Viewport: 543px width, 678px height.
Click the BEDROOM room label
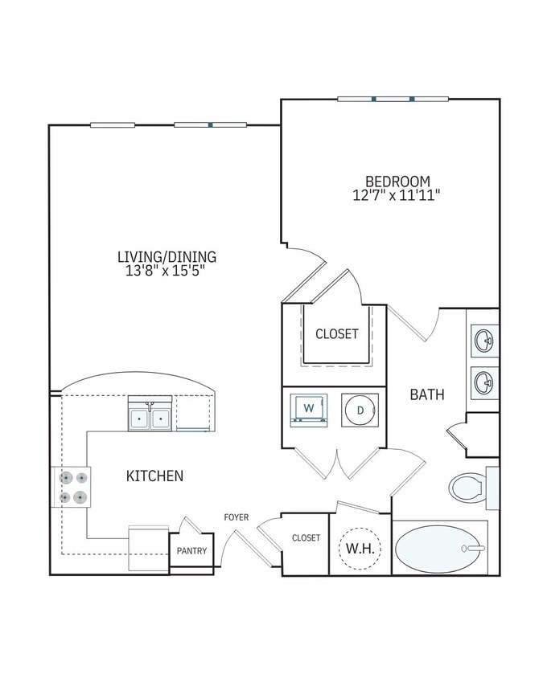click(x=397, y=181)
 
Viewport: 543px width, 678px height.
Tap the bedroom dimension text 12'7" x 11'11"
click(x=397, y=195)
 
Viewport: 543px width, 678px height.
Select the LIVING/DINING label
click(x=167, y=256)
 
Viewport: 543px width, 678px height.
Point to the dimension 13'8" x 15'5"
click(x=167, y=271)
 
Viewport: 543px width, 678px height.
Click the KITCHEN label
click(x=154, y=476)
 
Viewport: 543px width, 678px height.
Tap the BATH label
click(x=427, y=394)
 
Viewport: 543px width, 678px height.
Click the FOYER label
click(x=236, y=517)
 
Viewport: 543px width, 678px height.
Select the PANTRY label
click(x=191, y=551)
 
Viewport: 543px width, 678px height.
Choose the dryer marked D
click(x=358, y=410)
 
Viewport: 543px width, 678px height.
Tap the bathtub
click(x=440, y=548)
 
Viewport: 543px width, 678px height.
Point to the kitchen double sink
click(x=150, y=417)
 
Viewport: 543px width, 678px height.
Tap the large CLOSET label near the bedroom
click(x=336, y=334)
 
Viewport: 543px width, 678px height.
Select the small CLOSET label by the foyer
click(x=306, y=538)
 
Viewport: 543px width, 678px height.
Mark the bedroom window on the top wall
click(x=393, y=99)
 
